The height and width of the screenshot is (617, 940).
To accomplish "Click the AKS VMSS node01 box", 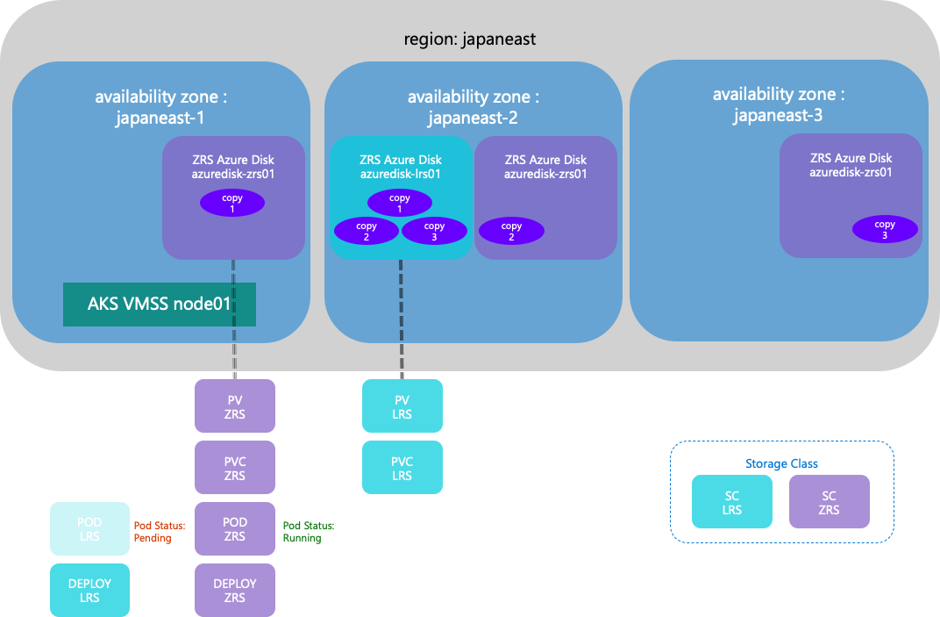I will tap(159, 305).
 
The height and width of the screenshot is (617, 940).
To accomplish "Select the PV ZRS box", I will tap(235, 406).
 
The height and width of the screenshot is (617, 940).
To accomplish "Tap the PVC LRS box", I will tap(402, 469).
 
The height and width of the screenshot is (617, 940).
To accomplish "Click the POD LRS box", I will tap(89, 529).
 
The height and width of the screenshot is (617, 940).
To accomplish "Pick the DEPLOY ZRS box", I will tap(235, 591).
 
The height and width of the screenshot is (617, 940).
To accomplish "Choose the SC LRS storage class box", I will tap(732, 502).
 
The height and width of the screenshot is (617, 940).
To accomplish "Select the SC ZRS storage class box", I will tap(829, 502).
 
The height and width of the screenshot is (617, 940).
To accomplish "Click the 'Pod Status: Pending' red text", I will tap(160, 532).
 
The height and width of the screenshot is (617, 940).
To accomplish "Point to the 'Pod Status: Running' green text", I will tap(309, 532).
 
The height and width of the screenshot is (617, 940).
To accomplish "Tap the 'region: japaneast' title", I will tap(469, 39).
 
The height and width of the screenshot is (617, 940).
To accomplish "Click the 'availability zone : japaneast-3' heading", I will tap(779, 104).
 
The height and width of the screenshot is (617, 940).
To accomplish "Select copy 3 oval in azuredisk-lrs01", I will tap(434, 232).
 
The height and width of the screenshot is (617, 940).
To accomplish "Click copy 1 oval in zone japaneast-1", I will tap(232, 204).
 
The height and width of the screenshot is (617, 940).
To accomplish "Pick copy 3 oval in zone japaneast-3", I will tap(885, 230).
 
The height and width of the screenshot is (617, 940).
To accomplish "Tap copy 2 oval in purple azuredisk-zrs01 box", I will tap(511, 232).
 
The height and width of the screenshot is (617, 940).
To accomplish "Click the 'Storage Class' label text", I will tap(781, 463).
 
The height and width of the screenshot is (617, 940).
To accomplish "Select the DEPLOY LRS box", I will tap(89, 591).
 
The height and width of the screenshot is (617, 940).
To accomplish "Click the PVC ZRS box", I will tap(235, 469).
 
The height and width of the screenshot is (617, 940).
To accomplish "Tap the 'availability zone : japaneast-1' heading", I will tap(166, 107).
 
